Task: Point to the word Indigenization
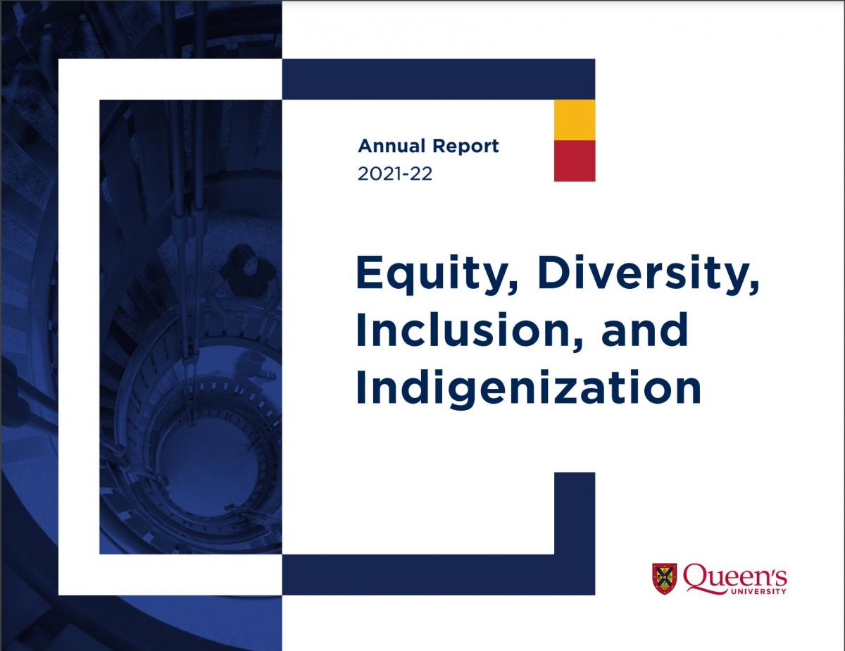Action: point(528,389)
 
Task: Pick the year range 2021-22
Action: point(394,173)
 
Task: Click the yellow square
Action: point(575,120)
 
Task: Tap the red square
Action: point(575,161)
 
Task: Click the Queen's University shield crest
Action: point(664,578)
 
